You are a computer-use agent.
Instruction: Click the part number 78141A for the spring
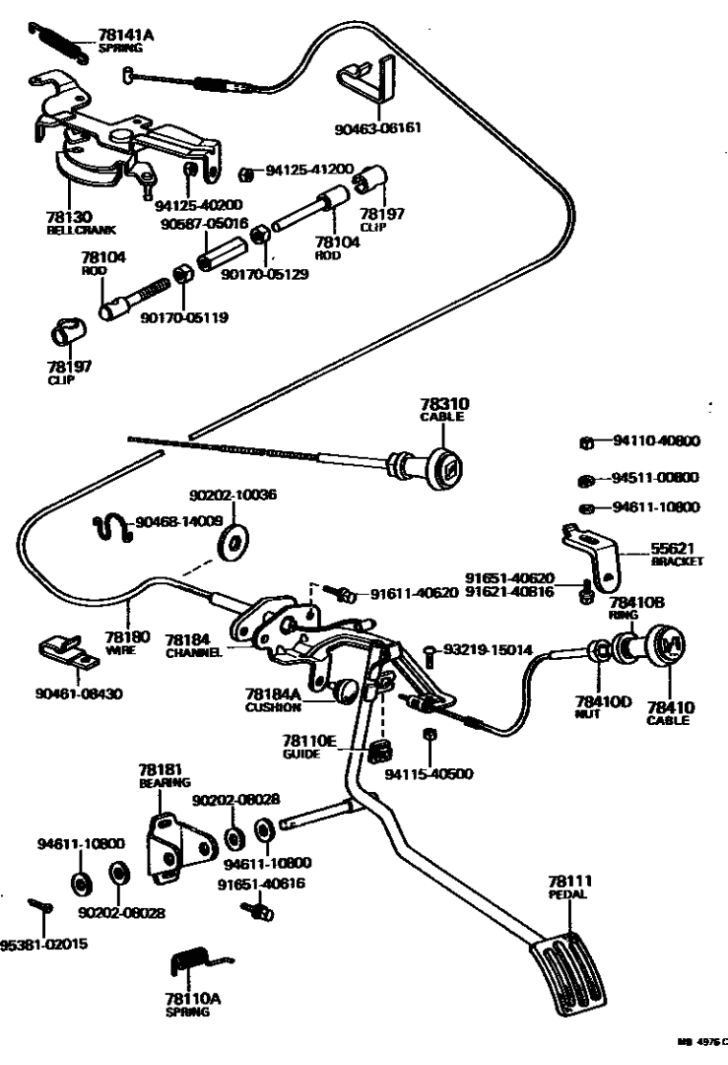pos(125,35)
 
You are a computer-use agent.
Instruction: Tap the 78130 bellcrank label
pos(67,221)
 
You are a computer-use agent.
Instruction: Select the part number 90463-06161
pos(377,127)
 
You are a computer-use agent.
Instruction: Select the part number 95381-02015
pos(44,943)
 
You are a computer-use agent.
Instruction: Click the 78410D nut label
pos(603,706)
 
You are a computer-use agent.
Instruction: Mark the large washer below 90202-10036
pos(231,543)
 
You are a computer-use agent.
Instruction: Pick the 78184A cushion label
pos(273,696)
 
